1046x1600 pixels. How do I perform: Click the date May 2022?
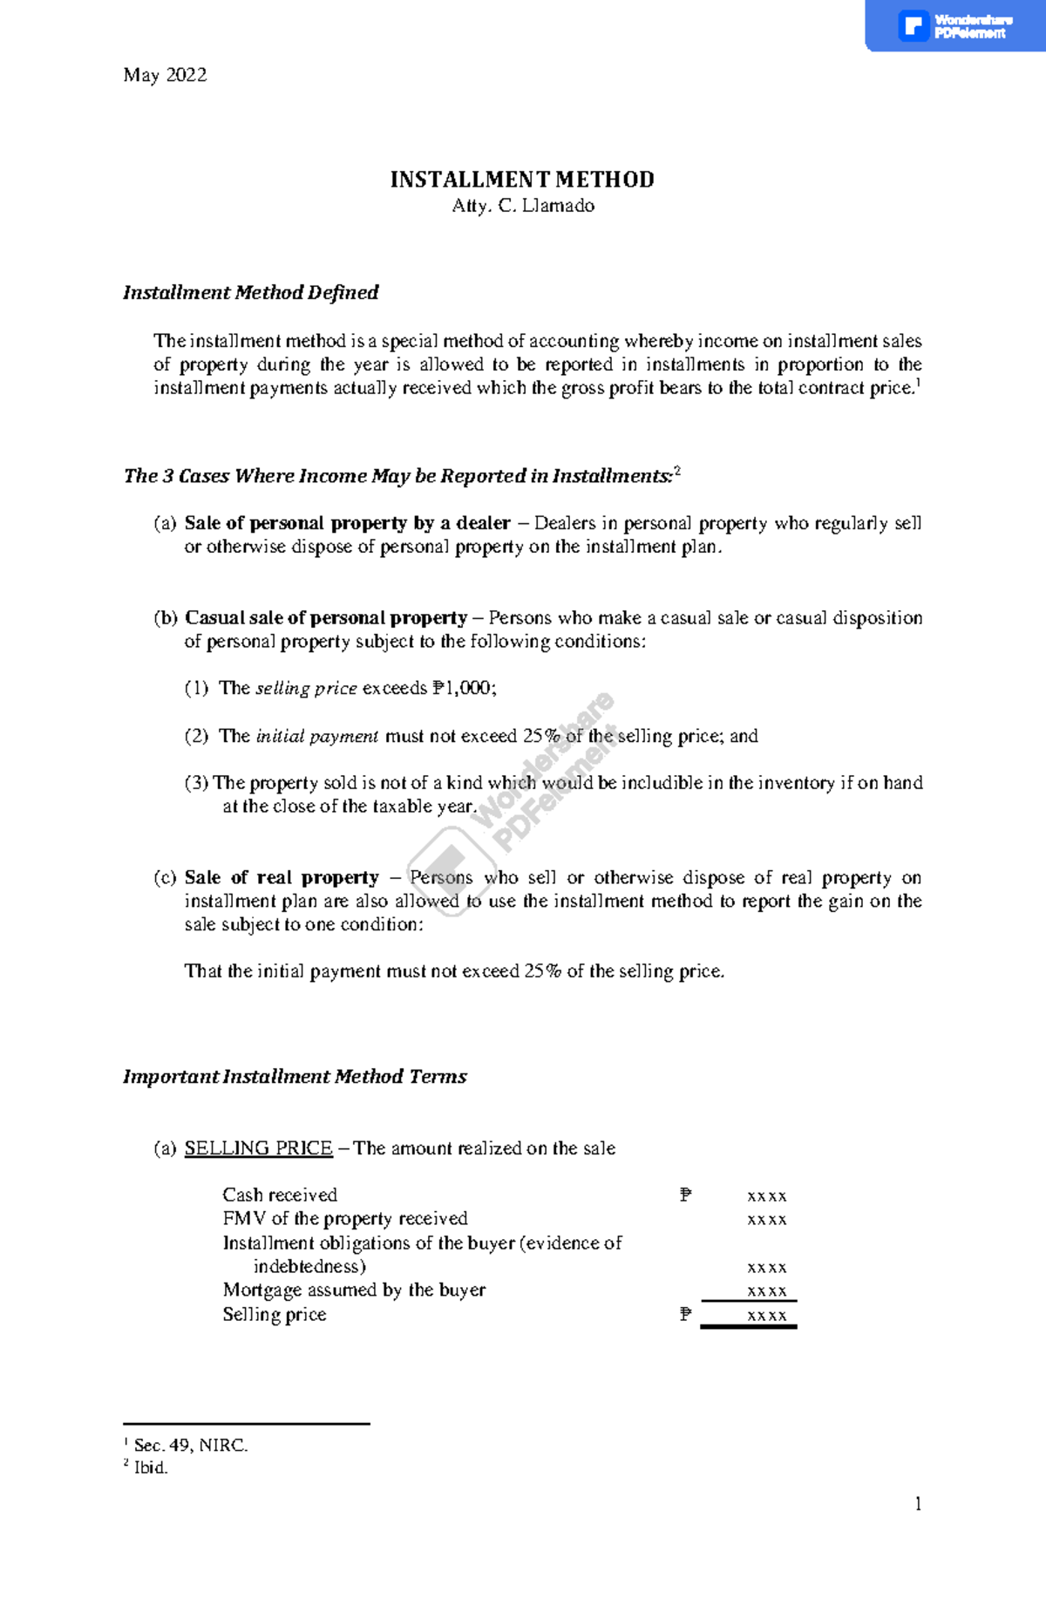pos(165,76)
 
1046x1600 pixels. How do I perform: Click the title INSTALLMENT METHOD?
pos(521,180)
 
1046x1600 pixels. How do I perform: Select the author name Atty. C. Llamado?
pos(523,206)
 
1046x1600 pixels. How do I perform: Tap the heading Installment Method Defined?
pos(250,293)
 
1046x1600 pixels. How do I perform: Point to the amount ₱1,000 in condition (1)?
pos(462,688)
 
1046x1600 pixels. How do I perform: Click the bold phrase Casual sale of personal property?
pos(326,618)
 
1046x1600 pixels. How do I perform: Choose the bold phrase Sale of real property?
pos(282,878)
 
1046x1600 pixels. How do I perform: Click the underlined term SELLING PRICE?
pos(258,1148)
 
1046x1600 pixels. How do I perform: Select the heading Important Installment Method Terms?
pos(295,1077)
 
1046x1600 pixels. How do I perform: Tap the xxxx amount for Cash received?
pos(767,1196)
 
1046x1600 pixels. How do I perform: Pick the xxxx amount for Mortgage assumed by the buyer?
pos(767,1291)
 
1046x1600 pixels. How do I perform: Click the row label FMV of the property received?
pos(345,1219)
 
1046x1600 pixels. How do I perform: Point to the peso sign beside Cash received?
pos(686,1195)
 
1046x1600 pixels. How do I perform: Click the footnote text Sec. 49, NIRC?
pos(191,1446)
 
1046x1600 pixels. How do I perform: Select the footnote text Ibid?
pos(151,1467)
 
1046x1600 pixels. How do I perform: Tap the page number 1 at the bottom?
pos(918,1504)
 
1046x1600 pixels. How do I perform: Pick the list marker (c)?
pos(165,878)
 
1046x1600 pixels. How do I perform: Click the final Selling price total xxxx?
pos(767,1316)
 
